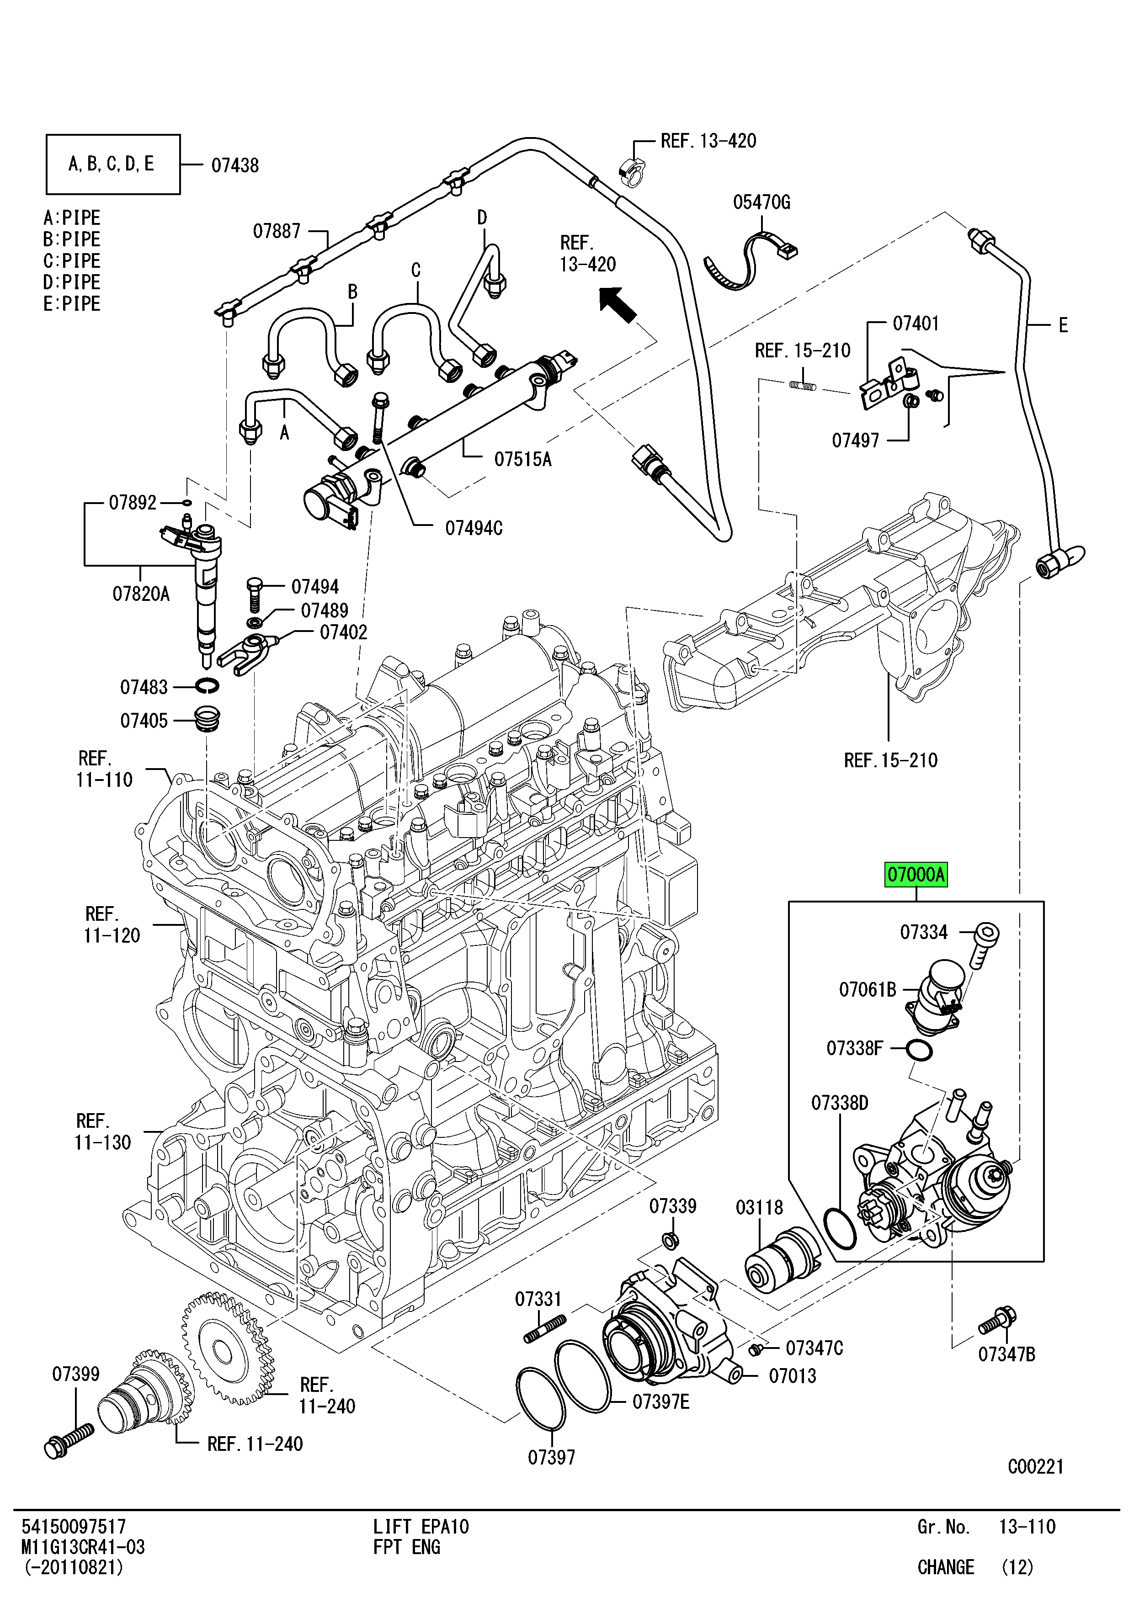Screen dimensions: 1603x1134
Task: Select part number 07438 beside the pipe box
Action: tap(235, 165)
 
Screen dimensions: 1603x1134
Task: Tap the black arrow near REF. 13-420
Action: tap(618, 305)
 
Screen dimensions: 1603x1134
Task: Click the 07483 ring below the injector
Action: tap(206, 686)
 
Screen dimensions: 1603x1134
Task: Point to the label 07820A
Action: tap(141, 594)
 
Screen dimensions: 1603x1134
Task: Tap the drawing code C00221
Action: tap(1035, 1466)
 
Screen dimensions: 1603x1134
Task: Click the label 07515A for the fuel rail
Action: tap(523, 459)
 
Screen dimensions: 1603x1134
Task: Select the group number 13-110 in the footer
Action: tap(1027, 1527)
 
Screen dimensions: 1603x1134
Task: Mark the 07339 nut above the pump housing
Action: tap(670, 1241)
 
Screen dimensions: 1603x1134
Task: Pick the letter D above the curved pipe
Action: tap(482, 218)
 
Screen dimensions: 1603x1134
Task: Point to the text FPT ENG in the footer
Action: tap(406, 1547)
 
